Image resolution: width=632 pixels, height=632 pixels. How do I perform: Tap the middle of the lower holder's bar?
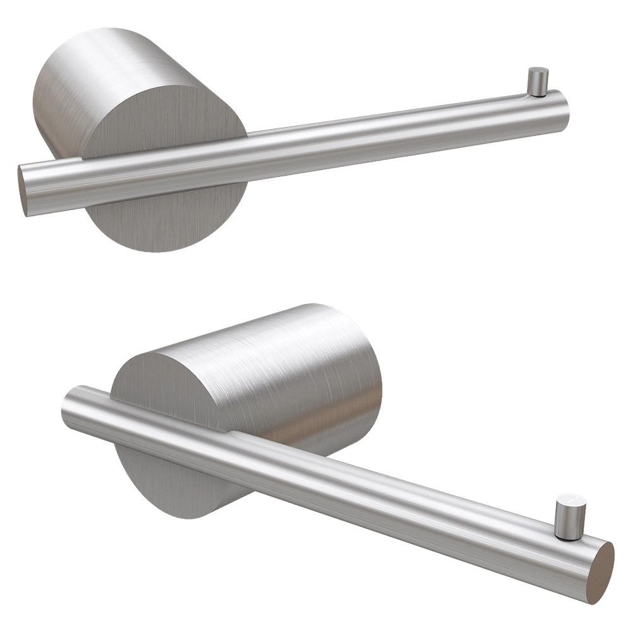pos(341,480)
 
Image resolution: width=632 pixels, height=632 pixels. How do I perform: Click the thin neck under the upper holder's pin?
pos(538,94)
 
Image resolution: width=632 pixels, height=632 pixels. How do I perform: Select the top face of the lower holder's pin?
pos(571,500)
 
